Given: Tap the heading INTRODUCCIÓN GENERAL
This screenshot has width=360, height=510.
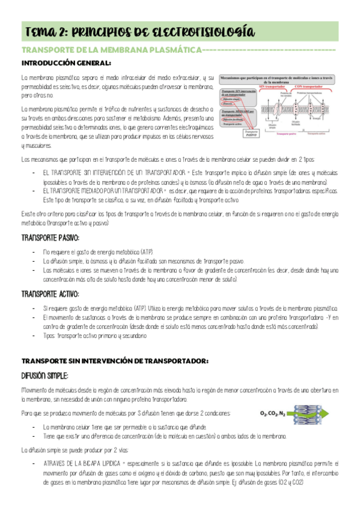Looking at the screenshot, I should point(66,63).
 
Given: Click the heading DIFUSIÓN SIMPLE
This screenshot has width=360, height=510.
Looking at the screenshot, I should point(46,376).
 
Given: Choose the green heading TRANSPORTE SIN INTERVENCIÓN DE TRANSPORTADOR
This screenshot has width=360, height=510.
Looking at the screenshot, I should point(115,361).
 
